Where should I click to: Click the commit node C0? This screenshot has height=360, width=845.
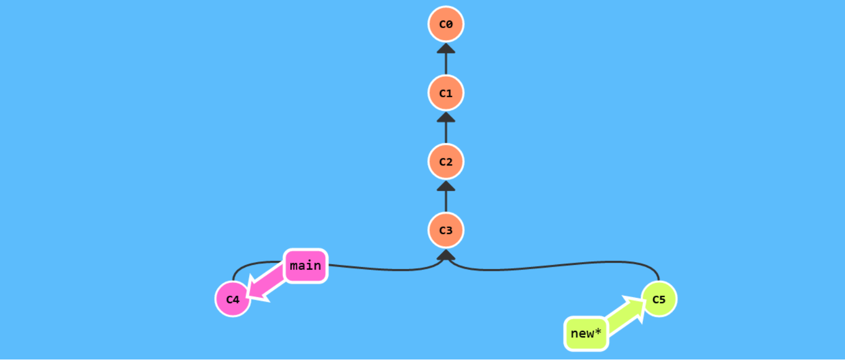(446, 24)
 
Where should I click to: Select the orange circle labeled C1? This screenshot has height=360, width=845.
(446, 93)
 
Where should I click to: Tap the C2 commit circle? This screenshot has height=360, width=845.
(446, 162)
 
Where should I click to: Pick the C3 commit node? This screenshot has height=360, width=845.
(446, 230)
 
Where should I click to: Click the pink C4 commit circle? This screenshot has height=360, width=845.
(232, 299)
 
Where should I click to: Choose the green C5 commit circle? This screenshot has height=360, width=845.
(659, 299)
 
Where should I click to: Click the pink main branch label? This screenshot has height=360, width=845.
(306, 266)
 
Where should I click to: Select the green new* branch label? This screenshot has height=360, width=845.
(586, 334)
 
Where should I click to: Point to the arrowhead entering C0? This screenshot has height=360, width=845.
(446, 48)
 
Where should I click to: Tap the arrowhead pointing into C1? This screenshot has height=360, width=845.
(446, 117)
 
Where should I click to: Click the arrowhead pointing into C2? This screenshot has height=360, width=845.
(446, 185)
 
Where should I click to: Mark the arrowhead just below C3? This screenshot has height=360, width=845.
(446, 255)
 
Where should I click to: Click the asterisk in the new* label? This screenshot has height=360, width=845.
(598, 331)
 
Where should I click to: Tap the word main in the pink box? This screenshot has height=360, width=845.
(305, 266)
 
